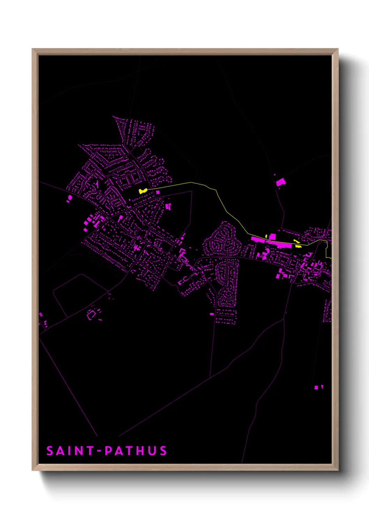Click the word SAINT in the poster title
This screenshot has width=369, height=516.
click(70, 451)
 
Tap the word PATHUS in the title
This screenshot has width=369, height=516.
click(136, 451)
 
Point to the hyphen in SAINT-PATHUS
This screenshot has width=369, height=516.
click(99, 451)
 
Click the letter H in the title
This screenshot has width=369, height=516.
click(140, 451)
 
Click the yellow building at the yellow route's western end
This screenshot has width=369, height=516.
click(142, 191)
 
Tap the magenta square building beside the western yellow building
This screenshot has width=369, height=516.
click(158, 192)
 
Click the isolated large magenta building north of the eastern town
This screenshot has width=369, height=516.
click(280, 182)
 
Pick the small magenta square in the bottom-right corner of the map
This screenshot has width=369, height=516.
click(316, 387)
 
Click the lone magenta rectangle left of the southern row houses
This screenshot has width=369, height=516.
click(212, 314)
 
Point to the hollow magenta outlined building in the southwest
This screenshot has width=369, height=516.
click(91, 315)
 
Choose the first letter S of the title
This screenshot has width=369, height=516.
click(50, 451)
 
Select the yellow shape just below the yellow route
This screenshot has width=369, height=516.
click(298, 246)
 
